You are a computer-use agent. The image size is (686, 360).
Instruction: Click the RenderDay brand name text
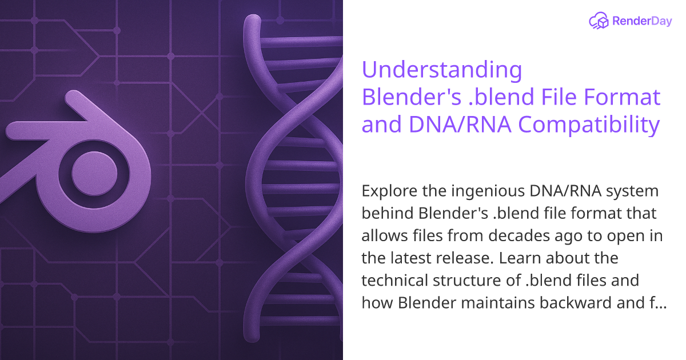click(x=643, y=22)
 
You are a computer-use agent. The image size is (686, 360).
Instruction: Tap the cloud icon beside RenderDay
click(x=599, y=22)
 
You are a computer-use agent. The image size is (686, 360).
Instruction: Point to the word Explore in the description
click(x=385, y=190)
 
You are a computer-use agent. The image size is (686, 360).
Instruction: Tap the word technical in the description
click(x=393, y=281)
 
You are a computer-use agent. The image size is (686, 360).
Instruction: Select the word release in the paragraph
click(x=465, y=258)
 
